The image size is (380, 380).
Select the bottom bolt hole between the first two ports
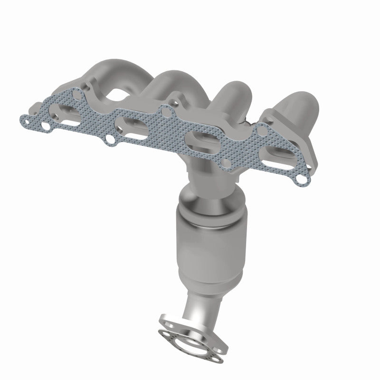point(110,140)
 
